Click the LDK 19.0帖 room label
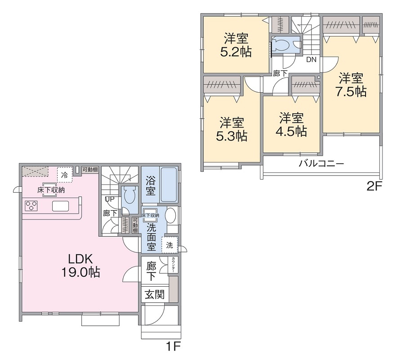(x=80, y=265)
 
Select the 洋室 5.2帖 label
(x=235, y=45)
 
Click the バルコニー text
(x=321, y=163)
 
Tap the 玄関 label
(x=154, y=295)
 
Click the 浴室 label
(x=151, y=186)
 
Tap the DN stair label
(x=311, y=59)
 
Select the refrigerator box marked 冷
(x=65, y=174)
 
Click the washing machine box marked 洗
(x=170, y=245)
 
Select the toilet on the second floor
(x=282, y=45)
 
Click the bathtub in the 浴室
(x=168, y=185)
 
